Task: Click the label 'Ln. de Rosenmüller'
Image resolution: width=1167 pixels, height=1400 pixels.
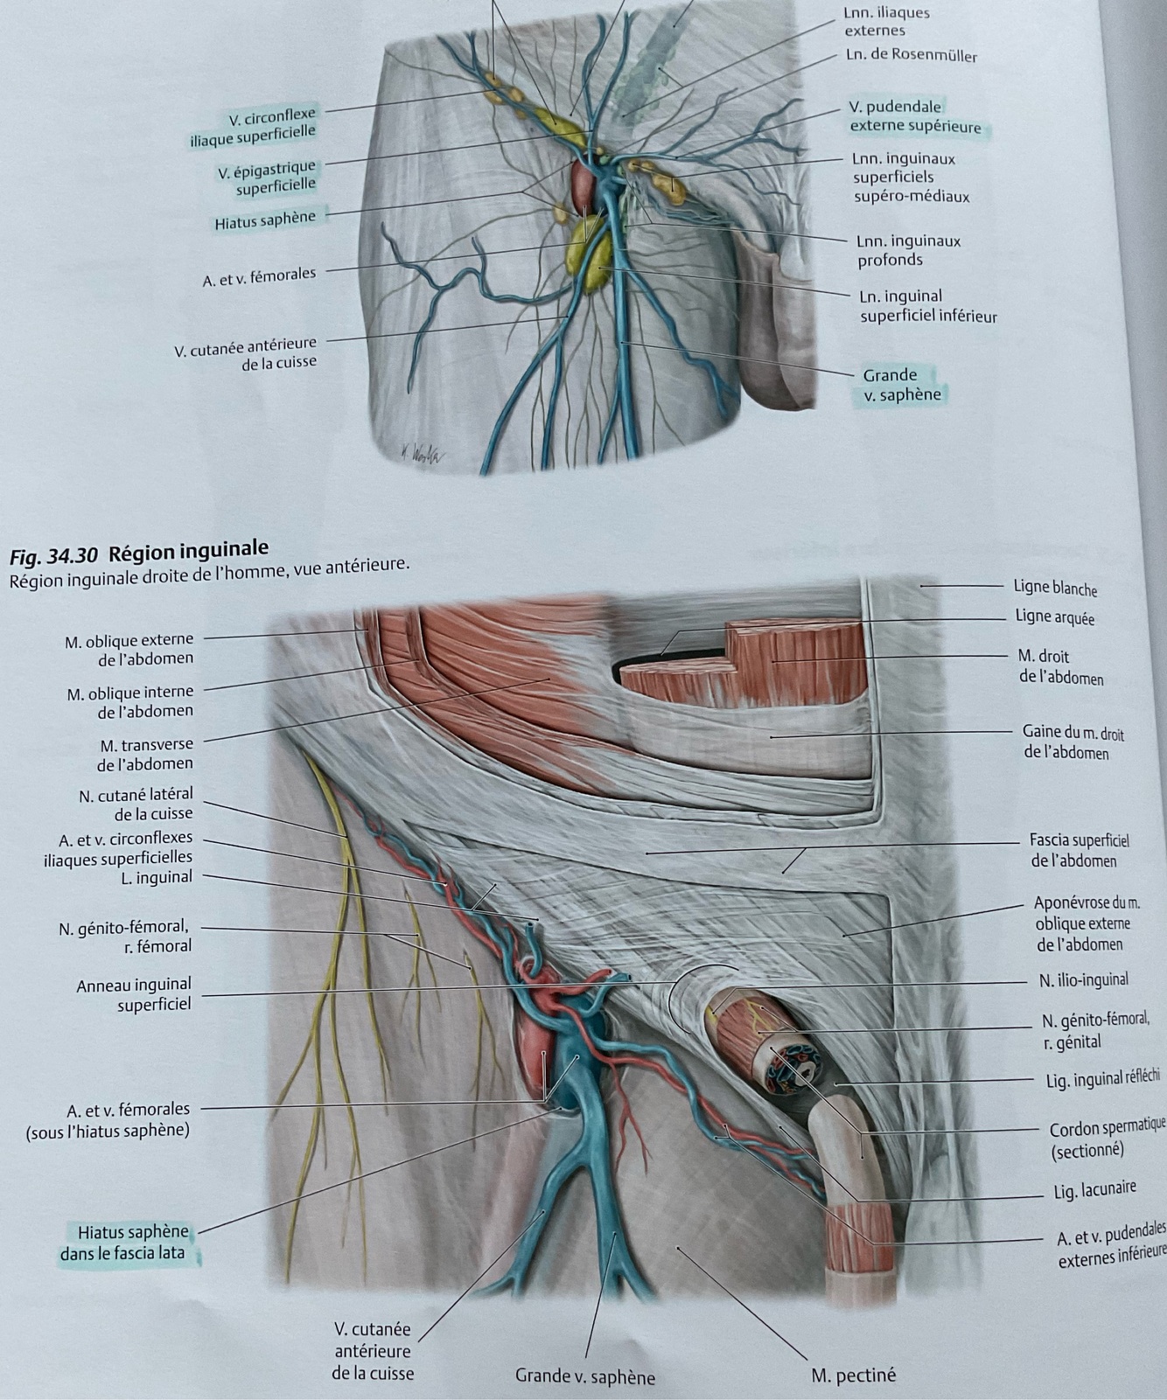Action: tap(911, 56)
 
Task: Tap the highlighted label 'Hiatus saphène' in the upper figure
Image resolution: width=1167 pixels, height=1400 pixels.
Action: tap(264, 219)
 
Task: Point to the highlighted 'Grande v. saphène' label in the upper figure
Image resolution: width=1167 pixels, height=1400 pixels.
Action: tap(901, 385)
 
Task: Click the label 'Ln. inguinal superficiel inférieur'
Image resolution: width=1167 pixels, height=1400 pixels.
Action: tap(927, 306)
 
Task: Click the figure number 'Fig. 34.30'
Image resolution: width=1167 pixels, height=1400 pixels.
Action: tap(54, 554)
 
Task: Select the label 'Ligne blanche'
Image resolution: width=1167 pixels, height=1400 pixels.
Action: tap(1054, 588)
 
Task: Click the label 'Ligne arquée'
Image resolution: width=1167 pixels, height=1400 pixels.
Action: tap(1054, 617)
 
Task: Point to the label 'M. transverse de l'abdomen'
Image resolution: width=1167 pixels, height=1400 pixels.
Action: tap(145, 754)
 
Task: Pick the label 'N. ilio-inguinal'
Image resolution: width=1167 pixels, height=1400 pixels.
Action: tap(1083, 980)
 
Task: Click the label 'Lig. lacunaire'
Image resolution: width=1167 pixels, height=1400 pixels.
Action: tap(1094, 1189)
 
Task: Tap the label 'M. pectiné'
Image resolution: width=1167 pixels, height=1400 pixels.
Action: tap(853, 1375)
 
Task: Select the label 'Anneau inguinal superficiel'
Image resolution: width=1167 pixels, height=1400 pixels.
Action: tap(134, 994)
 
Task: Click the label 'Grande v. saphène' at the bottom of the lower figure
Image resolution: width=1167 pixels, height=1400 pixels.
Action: tap(584, 1376)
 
